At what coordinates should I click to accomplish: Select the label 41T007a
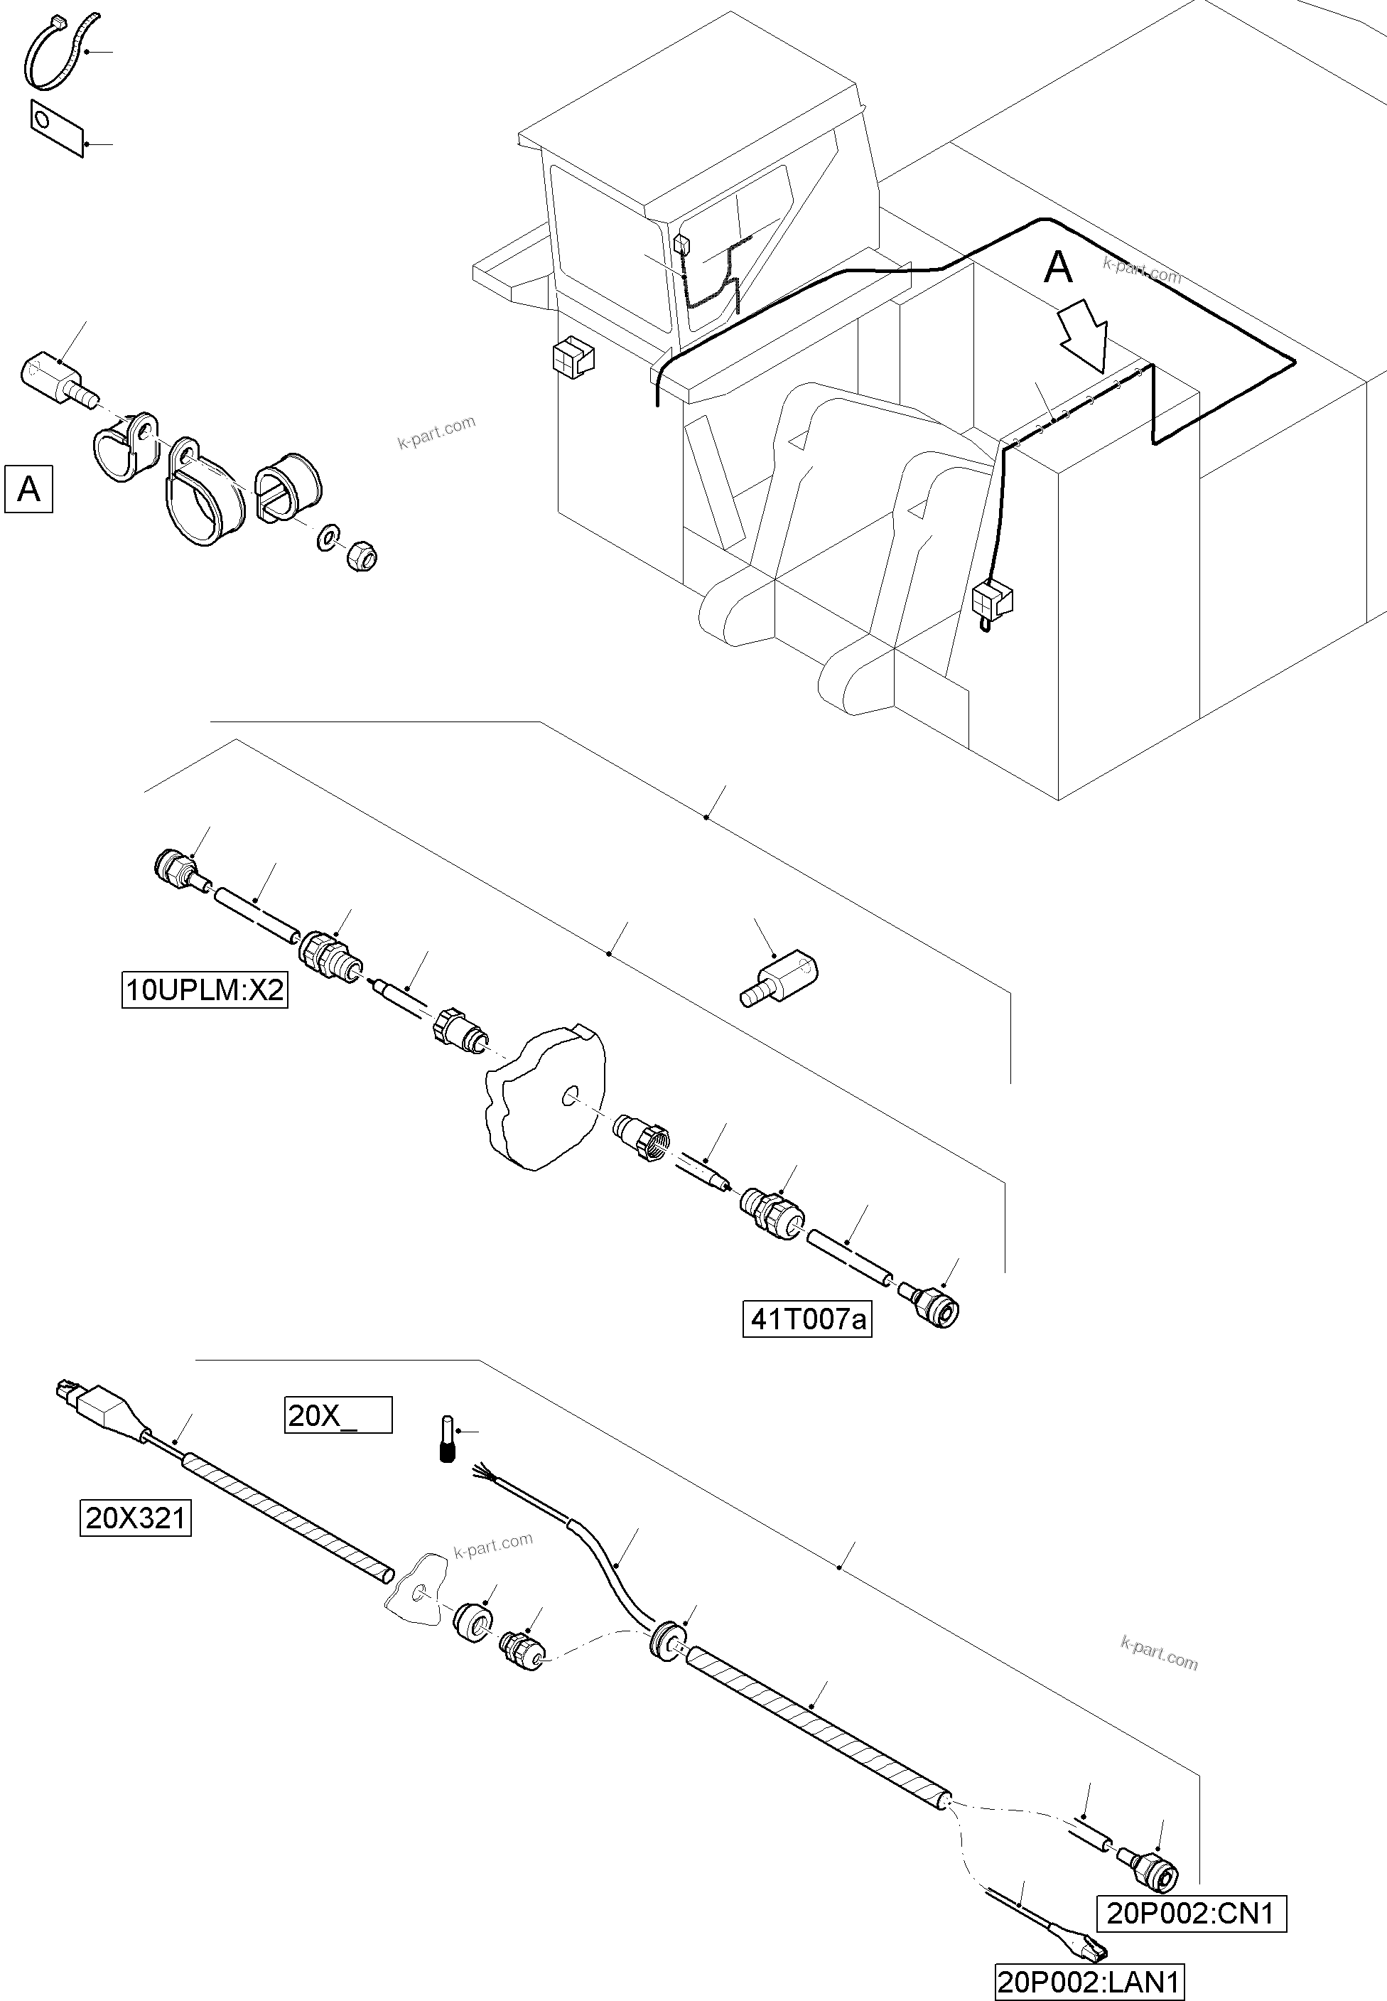(806, 1319)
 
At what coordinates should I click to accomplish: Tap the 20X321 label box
(136, 1518)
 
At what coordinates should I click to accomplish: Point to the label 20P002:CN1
(1191, 1913)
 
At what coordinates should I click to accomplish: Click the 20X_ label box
(338, 1415)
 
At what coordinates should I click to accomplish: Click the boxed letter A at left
(28, 489)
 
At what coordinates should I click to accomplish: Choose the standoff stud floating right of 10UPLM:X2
(779, 979)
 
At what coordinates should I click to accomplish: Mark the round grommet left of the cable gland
(474, 1624)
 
